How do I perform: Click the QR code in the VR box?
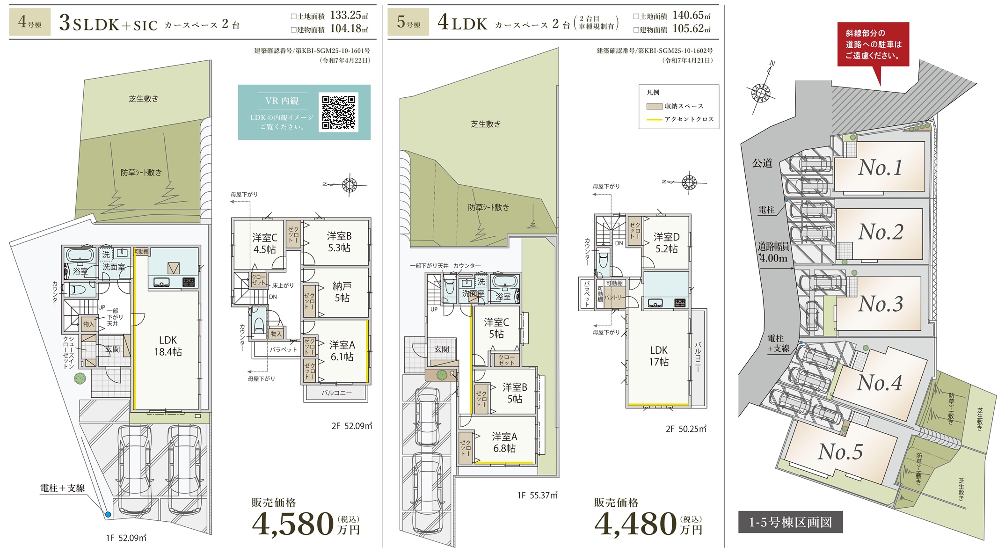pos(338,112)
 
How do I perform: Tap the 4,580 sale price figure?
pos(293,524)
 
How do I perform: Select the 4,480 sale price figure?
pos(635,524)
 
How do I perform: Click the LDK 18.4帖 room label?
pos(168,346)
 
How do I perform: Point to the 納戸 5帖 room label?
pos(342,292)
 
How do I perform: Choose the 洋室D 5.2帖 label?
pos(667,243)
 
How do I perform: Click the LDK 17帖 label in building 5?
pos(659,356)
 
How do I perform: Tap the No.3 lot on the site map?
pos(880,304)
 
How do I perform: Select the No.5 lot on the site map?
pos(840,452)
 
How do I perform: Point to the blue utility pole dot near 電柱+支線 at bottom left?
pos(108,515)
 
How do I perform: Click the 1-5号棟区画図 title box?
pos(791,522)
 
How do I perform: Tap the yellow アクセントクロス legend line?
pos(654,120)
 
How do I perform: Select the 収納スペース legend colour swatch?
pos(654,106)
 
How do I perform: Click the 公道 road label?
pos(762,163)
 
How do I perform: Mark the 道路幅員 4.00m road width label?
pos(773,252)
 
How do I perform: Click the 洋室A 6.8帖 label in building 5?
pos(504,443)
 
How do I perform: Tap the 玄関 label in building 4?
pos(112,349)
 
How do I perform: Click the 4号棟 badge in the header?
pos(30,22)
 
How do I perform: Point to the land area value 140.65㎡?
pos(692,15)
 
